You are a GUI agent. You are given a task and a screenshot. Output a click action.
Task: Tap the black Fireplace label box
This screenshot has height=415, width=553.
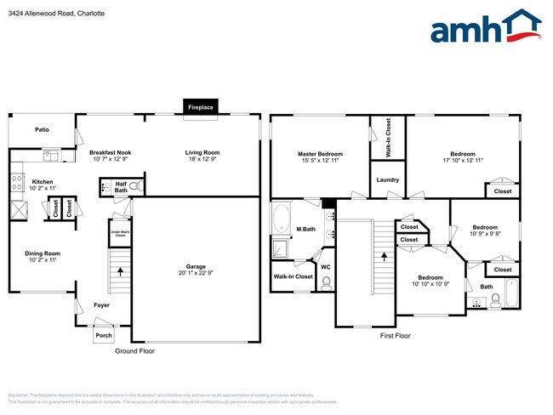click(201, 108)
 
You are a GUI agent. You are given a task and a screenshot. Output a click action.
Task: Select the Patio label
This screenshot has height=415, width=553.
click(42, 130)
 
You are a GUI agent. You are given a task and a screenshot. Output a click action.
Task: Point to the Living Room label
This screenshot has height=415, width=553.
click(202, 152)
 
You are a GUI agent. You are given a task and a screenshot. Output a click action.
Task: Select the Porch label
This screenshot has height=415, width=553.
click(103, 335)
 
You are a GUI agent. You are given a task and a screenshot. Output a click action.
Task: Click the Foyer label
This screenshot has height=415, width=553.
click(101, 304)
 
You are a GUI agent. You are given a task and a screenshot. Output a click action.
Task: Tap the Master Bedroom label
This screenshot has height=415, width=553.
click(319, 154)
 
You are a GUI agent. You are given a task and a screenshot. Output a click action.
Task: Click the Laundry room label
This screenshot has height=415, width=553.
click(388, 179)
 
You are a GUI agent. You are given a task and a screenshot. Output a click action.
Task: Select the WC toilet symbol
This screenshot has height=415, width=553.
click(326, 283)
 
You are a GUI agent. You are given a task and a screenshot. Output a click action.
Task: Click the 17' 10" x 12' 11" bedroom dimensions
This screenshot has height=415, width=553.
click(463, 160)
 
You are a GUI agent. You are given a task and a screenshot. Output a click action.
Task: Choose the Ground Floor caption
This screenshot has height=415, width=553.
click(134, 350)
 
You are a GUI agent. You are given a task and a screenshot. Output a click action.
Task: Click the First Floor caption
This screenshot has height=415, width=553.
click(396, 336)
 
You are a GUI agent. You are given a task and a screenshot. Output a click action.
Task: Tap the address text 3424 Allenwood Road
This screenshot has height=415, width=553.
click(42, 14)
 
